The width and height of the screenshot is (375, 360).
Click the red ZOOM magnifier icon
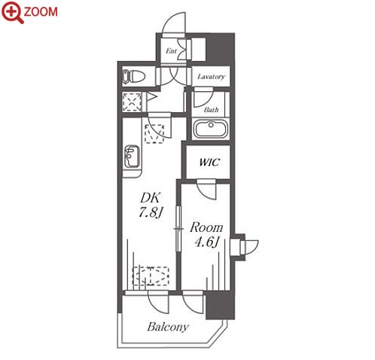pos(12,11)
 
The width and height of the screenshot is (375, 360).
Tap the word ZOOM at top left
pos(41,12)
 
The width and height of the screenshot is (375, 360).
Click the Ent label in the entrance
pos(171,51)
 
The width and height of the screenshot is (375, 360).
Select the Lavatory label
pos(211,77)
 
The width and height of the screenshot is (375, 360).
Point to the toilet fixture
pos(134,76)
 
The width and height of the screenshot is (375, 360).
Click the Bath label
pos(211,110)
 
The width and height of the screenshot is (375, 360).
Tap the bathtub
pos(211,129)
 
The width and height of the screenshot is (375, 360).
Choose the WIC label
pos(209,162)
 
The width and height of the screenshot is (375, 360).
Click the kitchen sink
pos(132,156)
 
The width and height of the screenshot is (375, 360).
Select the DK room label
pos(150,198)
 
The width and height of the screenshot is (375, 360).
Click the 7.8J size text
pos(151,213)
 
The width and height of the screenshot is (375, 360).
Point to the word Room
pos(206,227)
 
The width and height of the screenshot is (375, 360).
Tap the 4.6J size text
pos(207,242)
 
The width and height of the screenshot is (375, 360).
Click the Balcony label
pos(168,327)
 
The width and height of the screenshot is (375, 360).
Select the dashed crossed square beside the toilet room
pos(132,102)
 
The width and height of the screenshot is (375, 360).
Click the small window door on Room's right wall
pos(248,247)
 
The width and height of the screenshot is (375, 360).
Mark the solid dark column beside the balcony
pos(221,305)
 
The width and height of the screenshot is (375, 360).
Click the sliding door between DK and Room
pos(178,228)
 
